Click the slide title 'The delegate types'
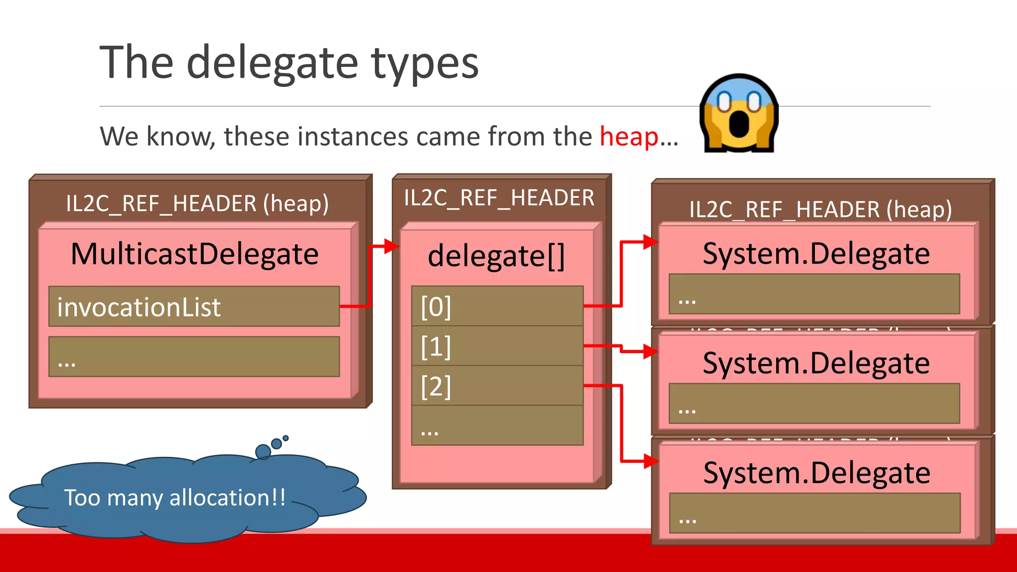pos(289,63)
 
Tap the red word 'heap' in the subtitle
pos(629,137)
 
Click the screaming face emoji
pos(739,113)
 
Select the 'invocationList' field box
pos(194,306)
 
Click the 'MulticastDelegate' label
pos(195,254)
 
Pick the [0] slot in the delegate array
pos(497,306)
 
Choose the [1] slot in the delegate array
pos(497,346)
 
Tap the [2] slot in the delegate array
pos(497,386)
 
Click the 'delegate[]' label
pos(496,256)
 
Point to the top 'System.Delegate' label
pos(816,254)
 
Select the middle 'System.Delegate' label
pos(816,363)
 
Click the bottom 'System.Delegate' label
pos(816,473)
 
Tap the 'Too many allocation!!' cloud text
pos(175,498)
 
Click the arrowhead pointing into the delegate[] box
pos(392,246)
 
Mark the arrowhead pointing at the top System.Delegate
pos(651,242)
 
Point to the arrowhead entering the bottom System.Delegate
pos(651,461)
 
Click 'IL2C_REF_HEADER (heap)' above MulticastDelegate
pos(197,204)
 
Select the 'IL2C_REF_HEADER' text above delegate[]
pos(499,198)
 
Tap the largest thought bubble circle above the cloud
pos(263,451)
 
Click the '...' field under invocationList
pos(194,357)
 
